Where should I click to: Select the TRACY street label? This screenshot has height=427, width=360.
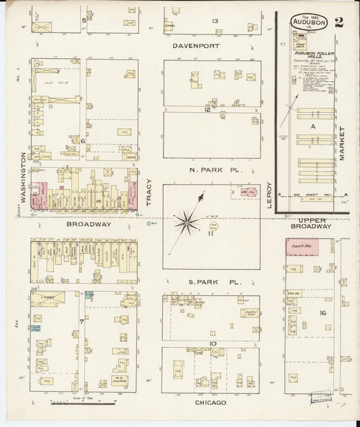[x=150, y=193]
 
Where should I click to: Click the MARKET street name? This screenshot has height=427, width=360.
[x=342, y=143]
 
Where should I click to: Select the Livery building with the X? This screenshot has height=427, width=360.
[x=51, y=296]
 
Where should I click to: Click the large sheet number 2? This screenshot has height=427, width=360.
[x=338, y=21]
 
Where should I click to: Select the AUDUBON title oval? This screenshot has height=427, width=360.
[x=309, y=22]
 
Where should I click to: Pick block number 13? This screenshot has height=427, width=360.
[x=215, y=22]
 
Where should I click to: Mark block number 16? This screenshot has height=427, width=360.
[x=323, y=313]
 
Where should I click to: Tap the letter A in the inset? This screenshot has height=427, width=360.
[x=313, y=126]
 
